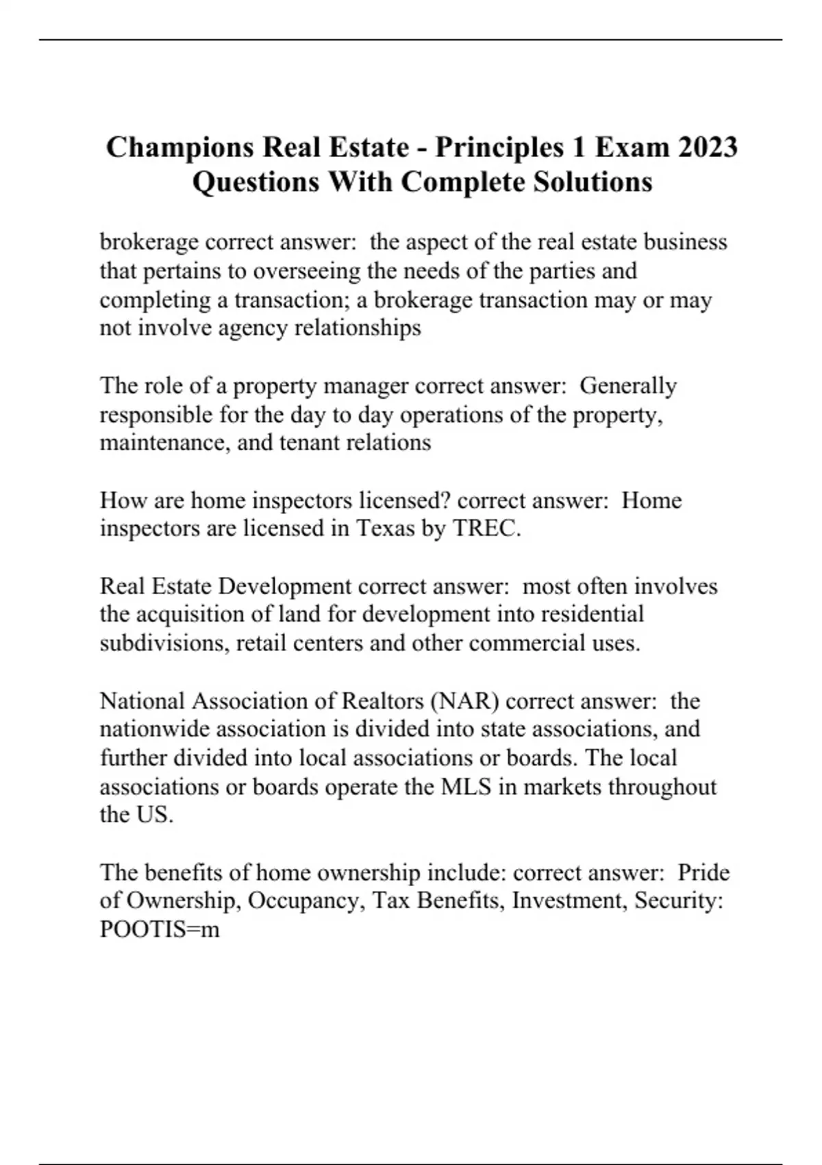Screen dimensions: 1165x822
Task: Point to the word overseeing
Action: coord(307,271)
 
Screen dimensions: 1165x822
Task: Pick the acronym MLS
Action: coord(466,787)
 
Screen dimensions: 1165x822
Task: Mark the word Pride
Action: coord(703,872)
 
